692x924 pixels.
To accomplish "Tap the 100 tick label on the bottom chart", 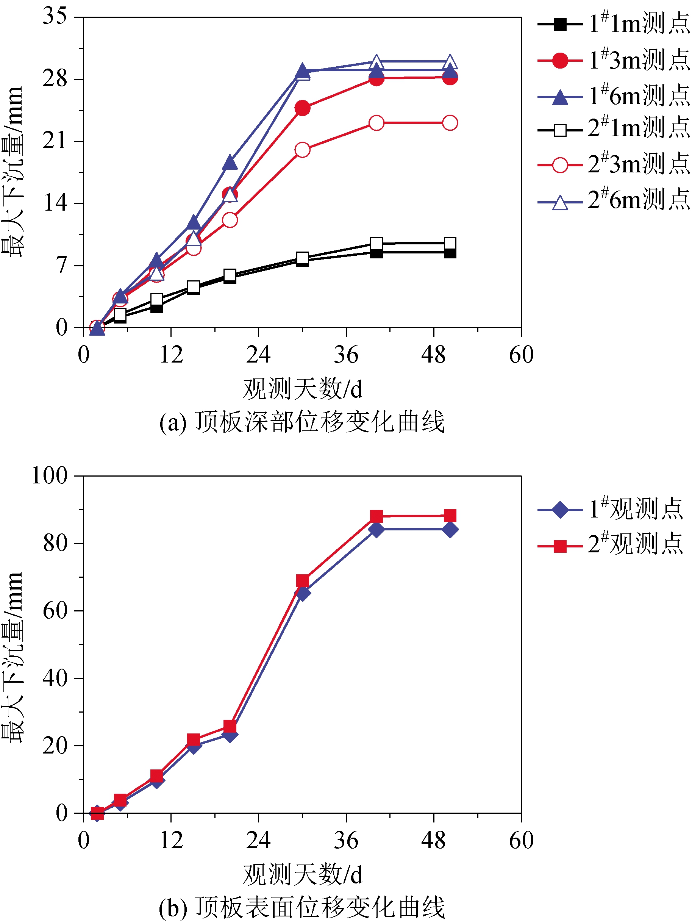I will coord(50,475).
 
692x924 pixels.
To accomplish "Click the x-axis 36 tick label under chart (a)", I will coord(346,355).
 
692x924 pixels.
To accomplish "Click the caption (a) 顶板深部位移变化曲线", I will coord(301,422).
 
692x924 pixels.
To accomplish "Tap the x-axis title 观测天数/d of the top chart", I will coord(302,388).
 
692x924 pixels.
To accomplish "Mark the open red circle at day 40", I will coord(376,123).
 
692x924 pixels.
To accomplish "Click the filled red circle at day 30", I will coord(302,108).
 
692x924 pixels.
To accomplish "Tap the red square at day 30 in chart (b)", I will coord(302,581).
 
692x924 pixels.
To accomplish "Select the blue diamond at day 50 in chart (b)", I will coord(450,530).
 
